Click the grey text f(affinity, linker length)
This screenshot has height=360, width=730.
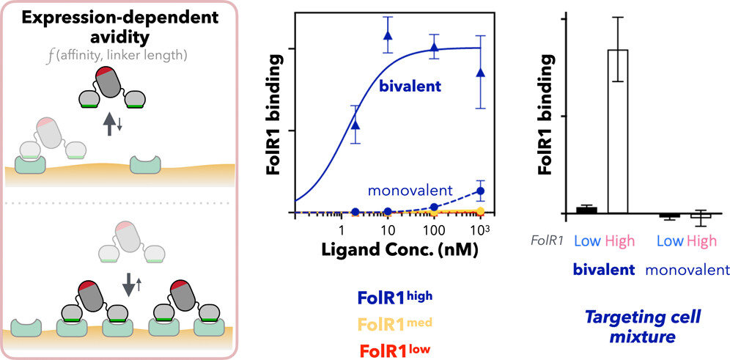pyautogui.click(x=122, y=56)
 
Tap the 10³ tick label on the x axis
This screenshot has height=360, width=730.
pyautogui.click(x=480, y=230)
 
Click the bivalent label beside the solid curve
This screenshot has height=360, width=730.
pyautogui.click(x=409, y=87)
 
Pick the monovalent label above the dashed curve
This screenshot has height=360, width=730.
pyautogui.click(x=410, y=191)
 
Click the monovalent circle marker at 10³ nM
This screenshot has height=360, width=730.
pyautogui.click(x=481, y=191)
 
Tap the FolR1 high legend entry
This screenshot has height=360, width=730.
pyautogui.click(x=395, y=298)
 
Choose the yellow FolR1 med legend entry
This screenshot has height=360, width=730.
pyautogui.click(x=395, y=323)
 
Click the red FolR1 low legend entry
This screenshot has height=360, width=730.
pyautogui.click(x=395, y=348)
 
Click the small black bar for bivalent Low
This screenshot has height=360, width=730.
pyautogui.click(x=586, y=210)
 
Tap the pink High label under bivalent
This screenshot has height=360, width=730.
pyautogui.click(x=620, y=240)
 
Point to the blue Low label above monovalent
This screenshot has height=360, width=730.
pyautogui.click(x=671, y=240)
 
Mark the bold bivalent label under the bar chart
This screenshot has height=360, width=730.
pyautogui.click(x=604, y=270)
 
